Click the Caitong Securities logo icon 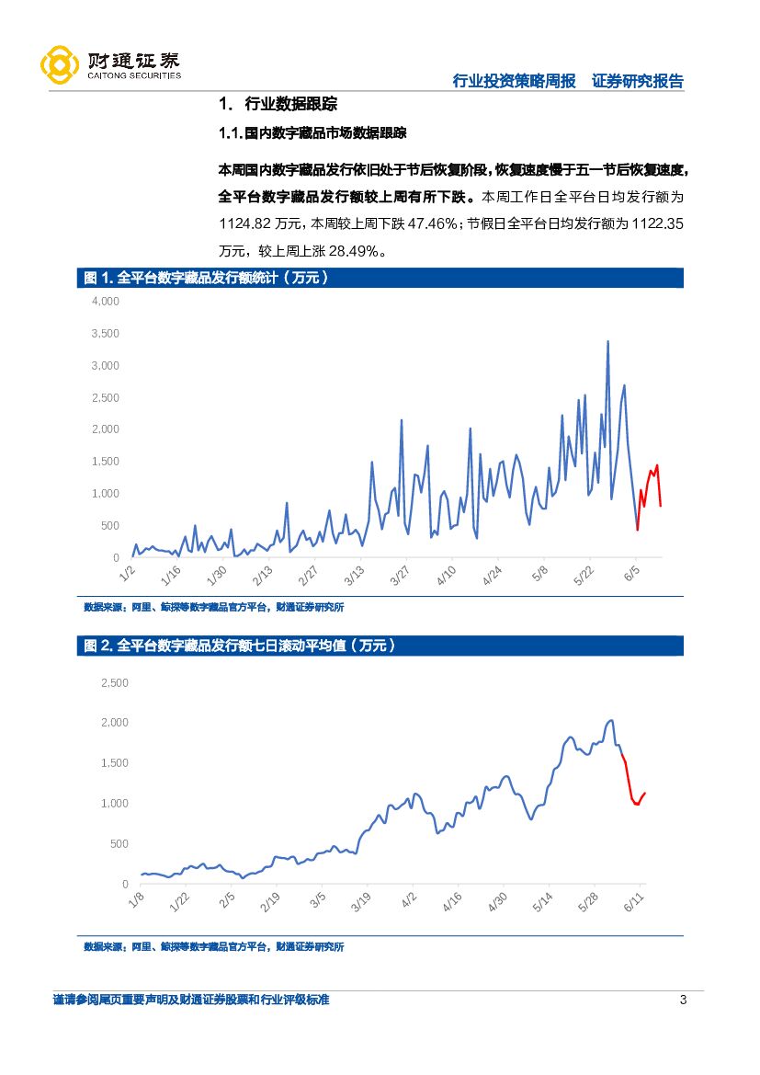(x=59, y=64)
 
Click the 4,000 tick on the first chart (x=106, y=301)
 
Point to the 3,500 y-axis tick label (x=106, y=333)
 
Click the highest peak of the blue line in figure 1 (x=607, y=342)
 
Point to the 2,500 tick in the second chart (x=114, y=682)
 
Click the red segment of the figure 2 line (x=631, y=786)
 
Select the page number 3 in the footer (x=682, y=1001)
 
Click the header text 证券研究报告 (x=638, y=81)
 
